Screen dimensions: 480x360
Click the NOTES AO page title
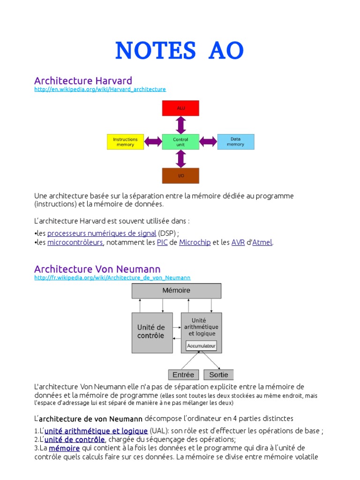[180, 51]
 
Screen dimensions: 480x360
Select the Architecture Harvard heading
[83, 81]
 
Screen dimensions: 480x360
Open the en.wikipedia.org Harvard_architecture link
[100, 89]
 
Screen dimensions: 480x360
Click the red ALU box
[180, 108]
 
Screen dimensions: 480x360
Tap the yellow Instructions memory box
[125, 142]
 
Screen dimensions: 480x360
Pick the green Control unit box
[180, 142]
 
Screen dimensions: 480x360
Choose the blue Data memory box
[235, 142]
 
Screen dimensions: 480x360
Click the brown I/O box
[180, 175]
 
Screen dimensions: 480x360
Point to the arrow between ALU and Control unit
[180, 125]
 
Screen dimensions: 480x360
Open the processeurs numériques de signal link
[102, 233]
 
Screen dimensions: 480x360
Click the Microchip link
[195, 243]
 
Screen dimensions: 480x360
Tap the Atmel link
[262, 243]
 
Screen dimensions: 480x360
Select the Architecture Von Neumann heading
[97, 269]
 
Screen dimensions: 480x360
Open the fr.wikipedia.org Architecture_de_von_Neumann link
[112, 277]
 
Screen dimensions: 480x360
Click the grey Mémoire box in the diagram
[176, 291]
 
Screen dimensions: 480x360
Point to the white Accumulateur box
[201, 346]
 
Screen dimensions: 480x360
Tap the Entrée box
[183, 375]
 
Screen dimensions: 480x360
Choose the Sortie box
[218, 375]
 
